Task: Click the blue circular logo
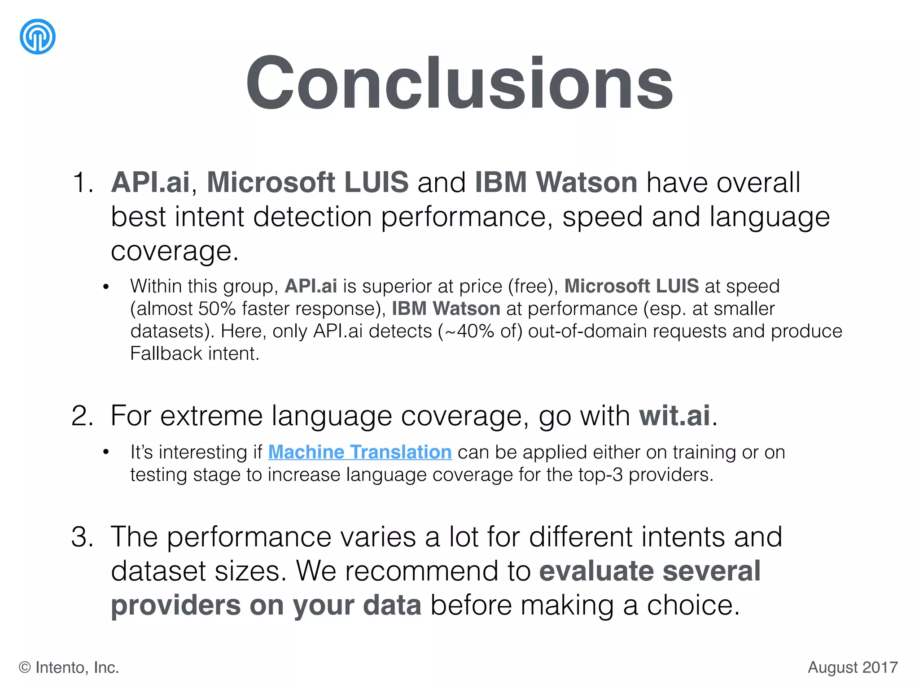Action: pyautogui.click(x=38, y=37)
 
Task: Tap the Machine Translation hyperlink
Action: pyautogui.click(x=359, y=452)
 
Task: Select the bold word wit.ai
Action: pyautogui.click(x=674, y=415)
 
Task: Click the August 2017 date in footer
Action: pyautogui.click(x=852, y=667)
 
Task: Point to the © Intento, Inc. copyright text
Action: pyautogui.click(x=69, y=667)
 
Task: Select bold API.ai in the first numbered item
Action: pyautogui.click(x=150, y=183)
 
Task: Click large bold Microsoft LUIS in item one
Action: pyautogui.click(x=307, y=183)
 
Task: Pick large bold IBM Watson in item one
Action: pyautogui.click(x=556, y=183)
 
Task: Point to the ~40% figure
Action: pyautogui.click(x=460, y=331)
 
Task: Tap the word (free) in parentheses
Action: pyautogui.click(x=533, y=287)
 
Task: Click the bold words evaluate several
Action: pyautogui.click(x=649, y=571)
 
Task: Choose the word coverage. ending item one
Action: pyautogui.click(x=175, y=251)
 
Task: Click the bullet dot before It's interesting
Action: pyautogui.click(x=106, y=452)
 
